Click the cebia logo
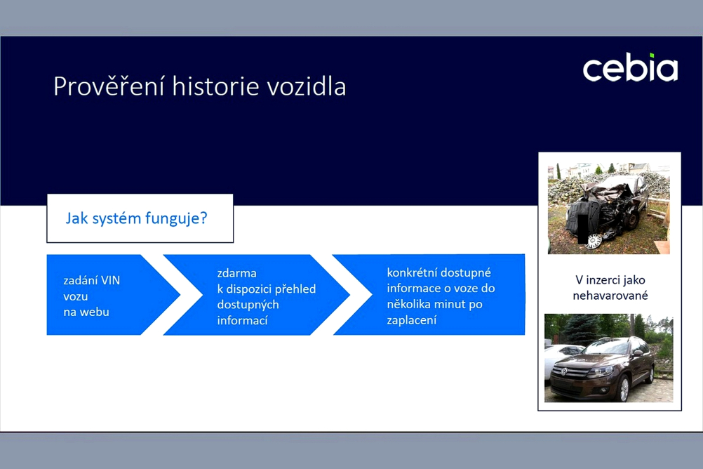630,68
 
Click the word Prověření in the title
109,86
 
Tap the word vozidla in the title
307,86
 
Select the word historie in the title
215,86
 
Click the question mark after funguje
203,218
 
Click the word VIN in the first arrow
110,281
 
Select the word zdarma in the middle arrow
236,273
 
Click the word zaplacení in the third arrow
412,320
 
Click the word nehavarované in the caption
610,296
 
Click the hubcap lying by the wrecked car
594,242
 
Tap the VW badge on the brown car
564,371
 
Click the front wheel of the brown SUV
624,388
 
